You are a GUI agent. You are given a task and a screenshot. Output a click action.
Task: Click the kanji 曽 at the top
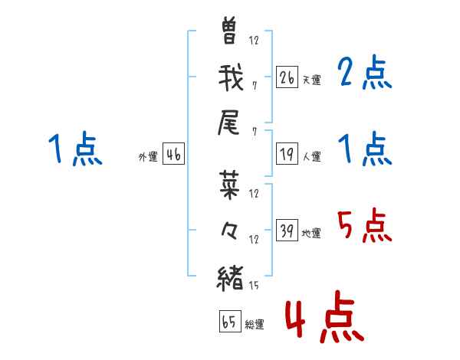click(229, 30)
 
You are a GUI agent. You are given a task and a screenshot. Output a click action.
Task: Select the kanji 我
click(231, 77)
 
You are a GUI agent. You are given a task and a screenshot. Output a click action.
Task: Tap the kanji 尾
click(228, 123)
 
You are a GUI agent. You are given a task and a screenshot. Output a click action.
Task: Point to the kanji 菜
click(229, 185)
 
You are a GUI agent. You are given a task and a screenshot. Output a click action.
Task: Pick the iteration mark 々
click(229, 231)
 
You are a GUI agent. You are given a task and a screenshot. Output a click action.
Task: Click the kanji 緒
click(230, 278)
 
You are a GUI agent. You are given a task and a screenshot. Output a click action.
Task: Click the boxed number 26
click(287, 77)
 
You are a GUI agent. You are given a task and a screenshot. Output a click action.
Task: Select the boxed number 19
click(287, 154)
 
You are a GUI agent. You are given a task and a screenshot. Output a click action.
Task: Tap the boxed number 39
click(287, 230)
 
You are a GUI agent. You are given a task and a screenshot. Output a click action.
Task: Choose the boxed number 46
click(173, 154)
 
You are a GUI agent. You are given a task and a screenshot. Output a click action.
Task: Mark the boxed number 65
click(230, 321)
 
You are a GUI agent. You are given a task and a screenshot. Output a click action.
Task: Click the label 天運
click(312, 80)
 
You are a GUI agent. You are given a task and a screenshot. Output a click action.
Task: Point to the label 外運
click(148, 156)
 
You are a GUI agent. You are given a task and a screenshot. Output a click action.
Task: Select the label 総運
click(255, 324)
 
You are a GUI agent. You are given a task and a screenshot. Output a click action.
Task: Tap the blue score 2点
click(364, 72)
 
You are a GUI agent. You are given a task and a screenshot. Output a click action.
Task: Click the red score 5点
click(364, 225)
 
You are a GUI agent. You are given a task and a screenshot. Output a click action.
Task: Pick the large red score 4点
click(325, 316)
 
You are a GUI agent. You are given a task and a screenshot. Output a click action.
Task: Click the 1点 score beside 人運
click(364, 149)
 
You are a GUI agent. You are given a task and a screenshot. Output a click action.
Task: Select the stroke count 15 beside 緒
click(254, 285)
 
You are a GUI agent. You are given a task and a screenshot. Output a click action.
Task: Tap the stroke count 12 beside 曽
click(254, 40)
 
